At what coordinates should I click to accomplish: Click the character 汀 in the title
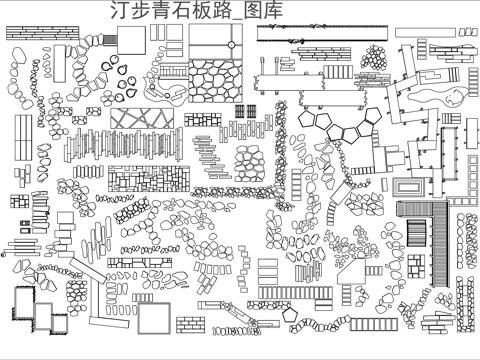(114, 11)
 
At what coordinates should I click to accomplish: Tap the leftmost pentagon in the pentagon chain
(304, 117)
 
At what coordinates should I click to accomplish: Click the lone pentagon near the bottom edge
(292, 314)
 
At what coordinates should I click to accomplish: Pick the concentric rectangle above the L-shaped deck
(408, 186)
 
